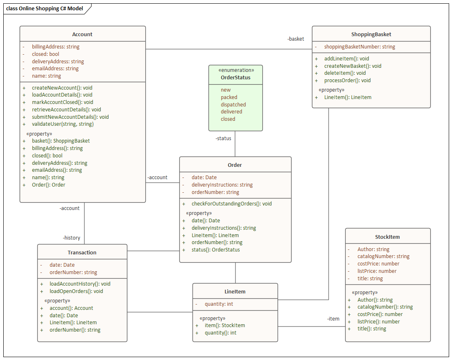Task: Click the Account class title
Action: (82, 35)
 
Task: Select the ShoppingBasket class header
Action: (371, 35)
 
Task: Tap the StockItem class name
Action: (387, 237)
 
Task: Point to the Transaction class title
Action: (82, 252)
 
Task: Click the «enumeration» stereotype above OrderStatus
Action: (236, 70)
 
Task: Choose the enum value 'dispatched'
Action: (233, 104)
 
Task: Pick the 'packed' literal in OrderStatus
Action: (229, 97)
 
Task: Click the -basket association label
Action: (296, 39)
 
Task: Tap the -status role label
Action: (223, 138)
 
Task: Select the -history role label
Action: (71, 238)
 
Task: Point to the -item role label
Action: (333, 319)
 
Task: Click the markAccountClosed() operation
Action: (62, 102)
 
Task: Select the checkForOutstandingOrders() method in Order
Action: (232, 204)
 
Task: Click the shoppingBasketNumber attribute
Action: (360, 47)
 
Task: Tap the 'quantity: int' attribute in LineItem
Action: (219, 304)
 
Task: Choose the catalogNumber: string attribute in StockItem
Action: (383, 256)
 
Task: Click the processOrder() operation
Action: (347, 81)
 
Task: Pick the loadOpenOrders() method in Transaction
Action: (76, 291)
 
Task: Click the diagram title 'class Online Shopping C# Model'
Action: (44, 9)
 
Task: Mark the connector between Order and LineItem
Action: (235, 273)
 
